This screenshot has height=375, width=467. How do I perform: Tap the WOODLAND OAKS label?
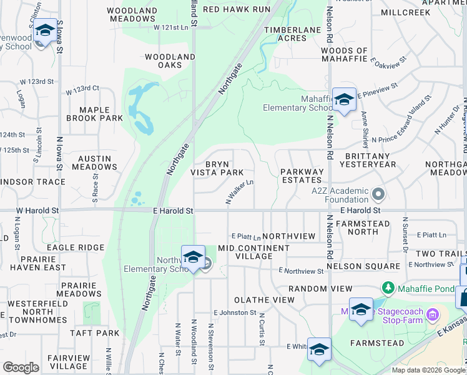pyautogui.click(x=170, y=61)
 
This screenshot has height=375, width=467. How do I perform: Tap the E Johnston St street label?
pyautogui.click(x=235, y=312)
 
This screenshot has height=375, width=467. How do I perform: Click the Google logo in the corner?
pyautogui.click(x=21, y=367)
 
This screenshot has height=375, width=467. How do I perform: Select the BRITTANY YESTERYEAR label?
pyautogui.click(x=368, y=160)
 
